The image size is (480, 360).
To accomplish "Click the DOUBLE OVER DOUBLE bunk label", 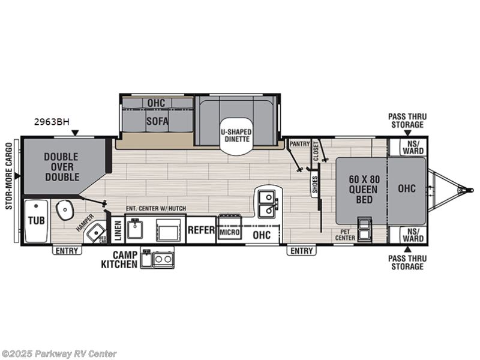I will coord(61,167).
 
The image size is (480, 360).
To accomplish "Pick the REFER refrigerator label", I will coord(201,230).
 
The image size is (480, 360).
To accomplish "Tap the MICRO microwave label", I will coord(230,232).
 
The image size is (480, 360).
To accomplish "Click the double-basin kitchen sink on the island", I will coord(266,203).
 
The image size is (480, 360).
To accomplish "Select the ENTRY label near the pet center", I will coord(302,251).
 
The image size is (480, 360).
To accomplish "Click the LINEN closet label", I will coord(118,230).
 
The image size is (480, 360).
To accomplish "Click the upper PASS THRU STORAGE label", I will coord(406,121).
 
